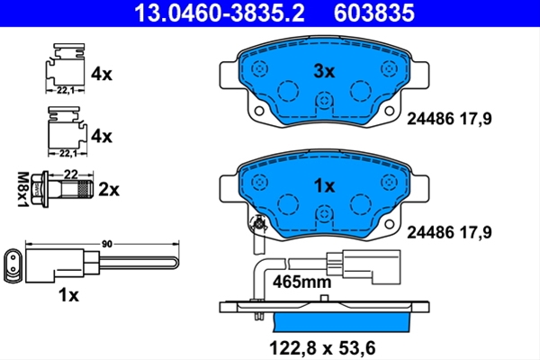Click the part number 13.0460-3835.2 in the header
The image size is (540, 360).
220,13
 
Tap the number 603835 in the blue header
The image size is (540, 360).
374,13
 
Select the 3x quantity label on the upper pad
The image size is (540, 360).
324,72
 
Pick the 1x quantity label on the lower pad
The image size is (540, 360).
324,186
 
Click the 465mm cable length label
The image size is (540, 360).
302,283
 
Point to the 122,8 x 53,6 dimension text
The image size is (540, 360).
322,348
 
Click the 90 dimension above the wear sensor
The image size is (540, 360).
107,244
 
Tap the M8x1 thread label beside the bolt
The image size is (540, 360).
22,190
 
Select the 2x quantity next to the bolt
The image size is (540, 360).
109,190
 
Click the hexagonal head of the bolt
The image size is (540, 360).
36,189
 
